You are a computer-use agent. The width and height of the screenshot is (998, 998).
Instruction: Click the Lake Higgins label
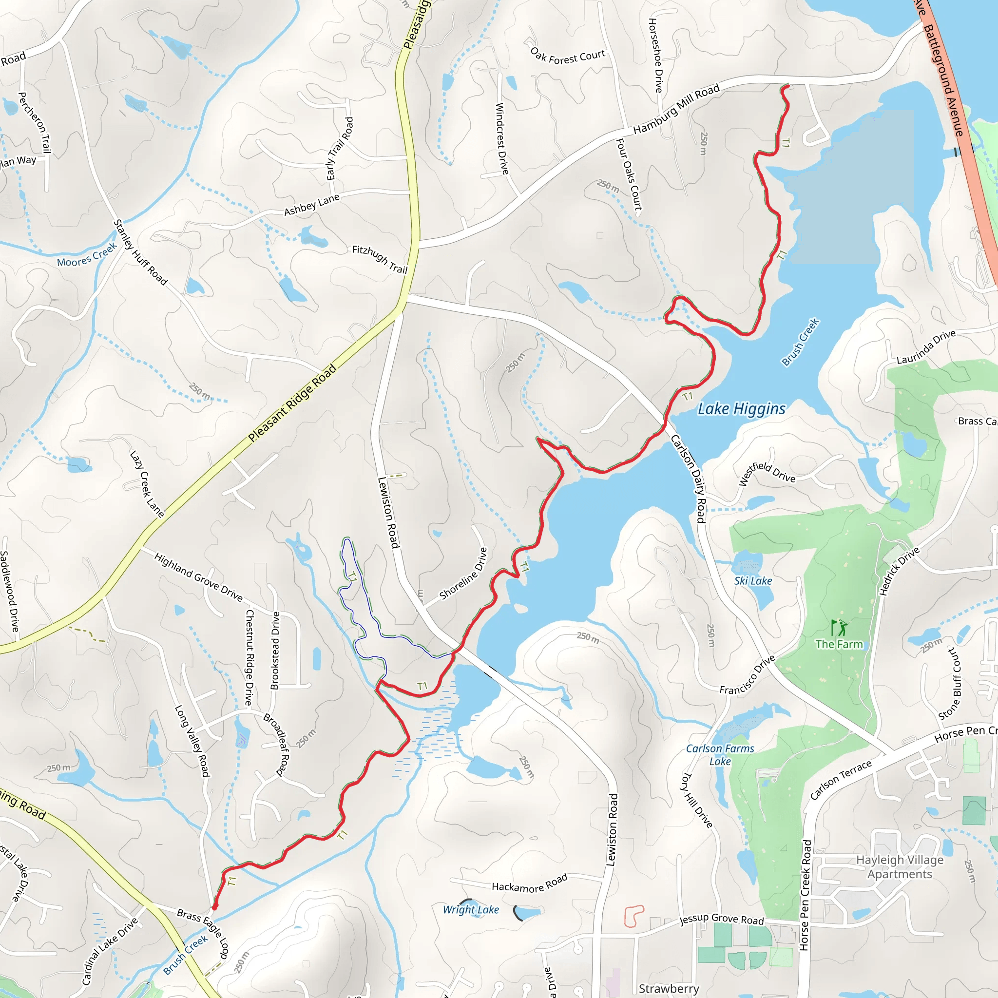741,409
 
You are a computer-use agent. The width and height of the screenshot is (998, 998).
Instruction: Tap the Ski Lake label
753,580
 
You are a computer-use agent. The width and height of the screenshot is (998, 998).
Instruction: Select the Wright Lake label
471,910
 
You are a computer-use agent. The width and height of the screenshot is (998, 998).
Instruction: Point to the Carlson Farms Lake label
720,755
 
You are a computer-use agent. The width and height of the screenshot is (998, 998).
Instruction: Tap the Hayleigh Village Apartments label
900,867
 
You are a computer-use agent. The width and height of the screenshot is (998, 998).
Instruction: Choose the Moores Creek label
87,255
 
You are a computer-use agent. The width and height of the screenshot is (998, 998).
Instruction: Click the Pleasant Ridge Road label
292,403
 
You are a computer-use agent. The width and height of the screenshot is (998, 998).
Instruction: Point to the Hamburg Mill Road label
676,109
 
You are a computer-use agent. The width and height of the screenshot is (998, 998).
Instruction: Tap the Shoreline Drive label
463,574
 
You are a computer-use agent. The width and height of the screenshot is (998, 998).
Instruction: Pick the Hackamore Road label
530,883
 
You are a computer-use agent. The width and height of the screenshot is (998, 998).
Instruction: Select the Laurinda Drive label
926,347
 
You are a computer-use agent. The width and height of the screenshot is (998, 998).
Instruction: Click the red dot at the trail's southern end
214,906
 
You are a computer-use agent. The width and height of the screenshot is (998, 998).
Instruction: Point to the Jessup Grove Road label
721,919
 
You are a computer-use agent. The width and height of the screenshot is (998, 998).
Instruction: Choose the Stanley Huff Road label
140,252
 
